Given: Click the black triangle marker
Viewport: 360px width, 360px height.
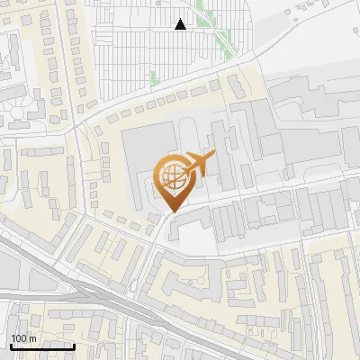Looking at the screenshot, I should [181, 24].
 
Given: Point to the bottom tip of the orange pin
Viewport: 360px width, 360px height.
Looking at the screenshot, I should [171, 212].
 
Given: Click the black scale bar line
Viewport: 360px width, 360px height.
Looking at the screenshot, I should [41, 346].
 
